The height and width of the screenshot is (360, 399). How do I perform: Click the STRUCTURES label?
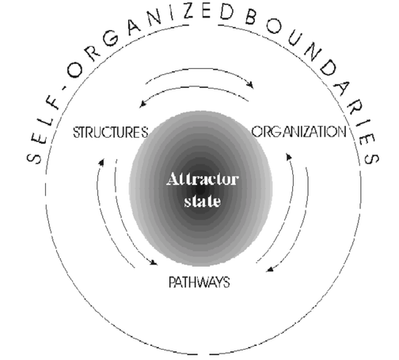[x=111, y=132]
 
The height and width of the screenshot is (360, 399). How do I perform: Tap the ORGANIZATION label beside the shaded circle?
[x=299, y=131]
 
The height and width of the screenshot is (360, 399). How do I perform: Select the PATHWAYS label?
[x=199, y=282]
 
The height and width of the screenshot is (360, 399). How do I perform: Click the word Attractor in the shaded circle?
[x=203, y=179]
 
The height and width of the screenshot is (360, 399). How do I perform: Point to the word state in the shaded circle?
[x=202, y=201]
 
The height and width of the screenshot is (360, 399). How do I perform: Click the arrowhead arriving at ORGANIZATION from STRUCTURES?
[x=250, y=85]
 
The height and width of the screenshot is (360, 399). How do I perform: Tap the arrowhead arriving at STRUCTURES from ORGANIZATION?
[x=142, y=104]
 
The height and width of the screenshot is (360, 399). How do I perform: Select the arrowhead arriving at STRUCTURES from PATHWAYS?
[x=101, y=161]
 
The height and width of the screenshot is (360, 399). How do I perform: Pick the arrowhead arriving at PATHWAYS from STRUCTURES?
[x=154, y=263]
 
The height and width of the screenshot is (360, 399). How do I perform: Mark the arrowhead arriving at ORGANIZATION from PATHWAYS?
[x=289, y=157]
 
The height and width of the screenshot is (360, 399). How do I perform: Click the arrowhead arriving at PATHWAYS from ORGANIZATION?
[x=270, y=269]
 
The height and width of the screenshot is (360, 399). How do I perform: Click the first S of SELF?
[x=34, y=158]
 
